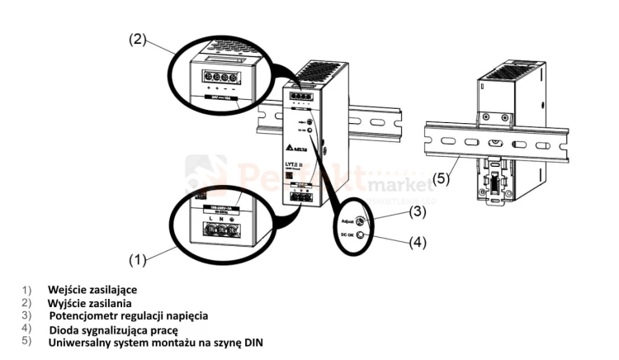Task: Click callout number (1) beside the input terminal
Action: pos(139,259)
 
